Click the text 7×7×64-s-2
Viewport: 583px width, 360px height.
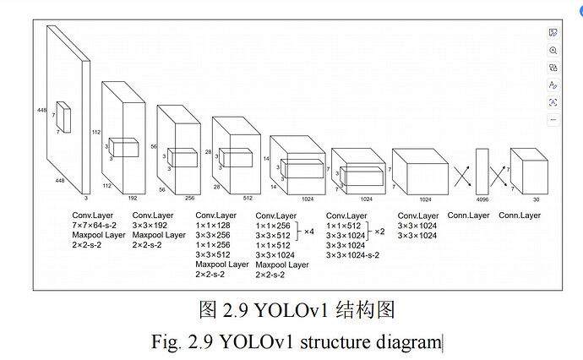click(94, 226)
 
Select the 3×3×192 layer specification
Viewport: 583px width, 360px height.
click(150, 226)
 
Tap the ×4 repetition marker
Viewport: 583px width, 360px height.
click(309, 232)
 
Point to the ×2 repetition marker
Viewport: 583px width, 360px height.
click(379, 232)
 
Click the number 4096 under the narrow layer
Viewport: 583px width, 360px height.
click(482, 199)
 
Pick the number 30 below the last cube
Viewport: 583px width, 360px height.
click(536, 199)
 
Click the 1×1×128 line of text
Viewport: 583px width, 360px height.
click(213, 226)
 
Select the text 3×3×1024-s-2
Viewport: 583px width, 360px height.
click(352, 255)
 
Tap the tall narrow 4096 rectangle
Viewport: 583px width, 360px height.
click(482, 172)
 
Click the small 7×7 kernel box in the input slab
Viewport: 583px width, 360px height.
click(63, 117)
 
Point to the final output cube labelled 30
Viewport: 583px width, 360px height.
click(529, 171)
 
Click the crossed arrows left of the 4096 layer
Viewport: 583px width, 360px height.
click(462, 177)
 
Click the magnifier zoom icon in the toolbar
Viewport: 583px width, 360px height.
click(553, 50)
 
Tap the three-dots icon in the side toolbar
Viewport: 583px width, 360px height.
click(553, 120)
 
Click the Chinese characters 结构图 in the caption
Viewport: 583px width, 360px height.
click(365, 310)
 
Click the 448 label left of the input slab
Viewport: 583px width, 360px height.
click(41, 110)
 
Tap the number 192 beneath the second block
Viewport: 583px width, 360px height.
click(133, 199)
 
